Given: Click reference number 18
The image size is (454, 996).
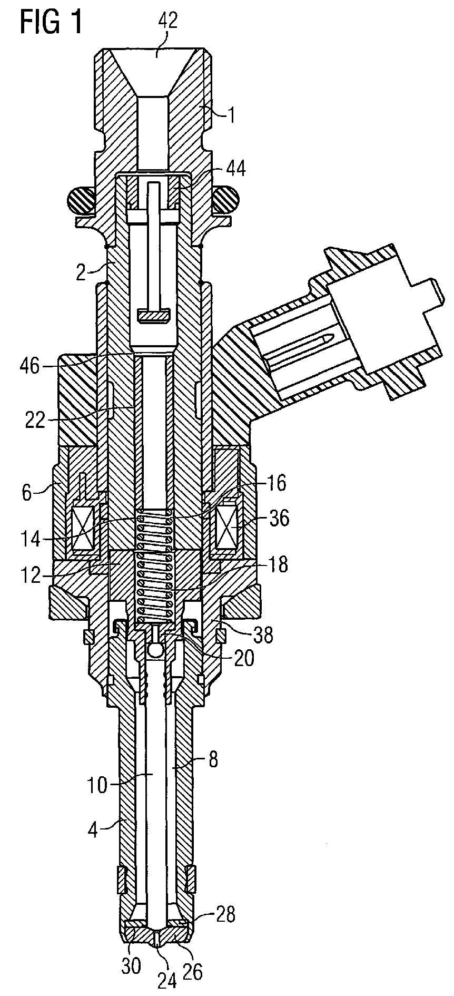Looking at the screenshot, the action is [x=276, y=565].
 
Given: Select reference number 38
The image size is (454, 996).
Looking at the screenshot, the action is [x=262, y=636].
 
